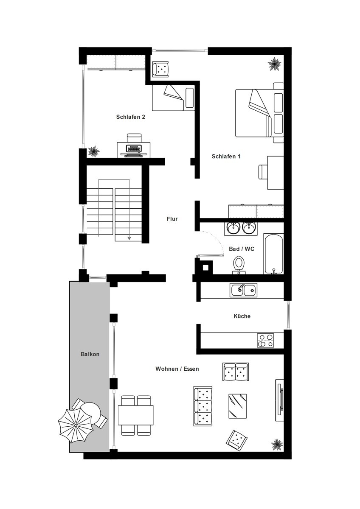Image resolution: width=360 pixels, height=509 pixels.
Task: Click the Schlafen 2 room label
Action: [x=130, y=117]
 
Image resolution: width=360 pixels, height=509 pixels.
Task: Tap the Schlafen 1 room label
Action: [x=226, y=157]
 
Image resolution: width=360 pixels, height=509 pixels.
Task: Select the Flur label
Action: [x=172, y=219]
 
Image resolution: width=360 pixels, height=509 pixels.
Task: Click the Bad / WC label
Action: [x=242, y=249]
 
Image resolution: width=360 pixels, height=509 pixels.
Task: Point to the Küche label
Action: [x=242, y=316]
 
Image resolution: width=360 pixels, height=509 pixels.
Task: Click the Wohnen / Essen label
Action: [x=177, y=369]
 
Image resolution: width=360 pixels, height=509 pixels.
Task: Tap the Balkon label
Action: [x=90, y=354]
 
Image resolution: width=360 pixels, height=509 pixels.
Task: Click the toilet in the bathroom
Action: [x=239, y=265]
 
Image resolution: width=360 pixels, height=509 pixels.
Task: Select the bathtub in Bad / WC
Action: [x=273, y=254]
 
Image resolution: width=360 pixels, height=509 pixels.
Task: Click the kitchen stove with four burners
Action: [x=266, y=340]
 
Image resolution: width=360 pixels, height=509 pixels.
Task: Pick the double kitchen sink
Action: [x=243, y=290]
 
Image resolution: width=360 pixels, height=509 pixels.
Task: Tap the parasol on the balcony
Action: [x=76, y=426]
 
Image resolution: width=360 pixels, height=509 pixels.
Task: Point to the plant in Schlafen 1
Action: [x=275, y=64]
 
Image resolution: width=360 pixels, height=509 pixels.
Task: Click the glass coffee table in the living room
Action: [x=237, y=406]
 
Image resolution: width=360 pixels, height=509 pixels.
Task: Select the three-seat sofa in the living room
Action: [x=203, y=406]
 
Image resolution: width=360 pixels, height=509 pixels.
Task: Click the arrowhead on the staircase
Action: [x=129, y=238]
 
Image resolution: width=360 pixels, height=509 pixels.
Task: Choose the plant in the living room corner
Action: [x=277, y=444]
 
